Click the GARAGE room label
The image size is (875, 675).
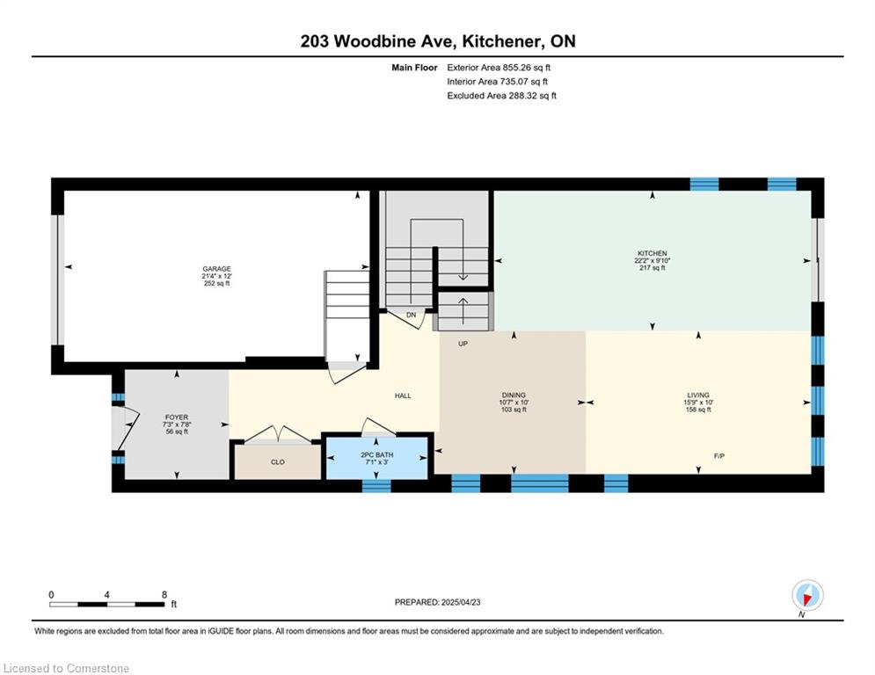pyautogui.click(x=216, y=269)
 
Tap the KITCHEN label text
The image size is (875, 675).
pyautogui.click(x=652, y=253)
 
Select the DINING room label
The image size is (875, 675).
pyautogui.click(x=514, y=395)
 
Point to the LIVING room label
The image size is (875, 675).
pyautogui.click(x=698, y=395)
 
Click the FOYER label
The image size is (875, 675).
pyautogui.click(x=177, y=417)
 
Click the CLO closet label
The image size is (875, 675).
pyautogui.click(x=277, y=462)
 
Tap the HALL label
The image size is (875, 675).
pyautogui.click(x=403, y=396)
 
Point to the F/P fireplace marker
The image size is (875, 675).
pyautogui.click(x=719, y=456)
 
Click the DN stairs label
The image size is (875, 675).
pyautogui.click(x=411, y=316)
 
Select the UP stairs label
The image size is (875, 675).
pyautogui.click(x=463, y=344)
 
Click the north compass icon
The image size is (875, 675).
pyautogui.click(x=807, y=596)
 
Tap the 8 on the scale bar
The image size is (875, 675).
pyautogui.click(x=164, y=595)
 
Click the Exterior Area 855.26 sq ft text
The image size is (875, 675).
pyautogui.click(x=499, y=68)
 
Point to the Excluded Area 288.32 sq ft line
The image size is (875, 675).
pyautogui.click(x=501, y=96)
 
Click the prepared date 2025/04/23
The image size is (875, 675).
pyautogui.click(x=461, y=602)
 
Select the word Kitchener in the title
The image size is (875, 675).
pyautogui.click(x=501, y=41)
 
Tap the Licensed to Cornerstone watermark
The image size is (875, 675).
pyautogui.click(x=66, y=668)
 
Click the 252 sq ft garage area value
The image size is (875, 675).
pyautogui.click(x=216, y=283)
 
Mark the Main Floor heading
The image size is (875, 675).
pyautogui.click(x=414, y=68)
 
